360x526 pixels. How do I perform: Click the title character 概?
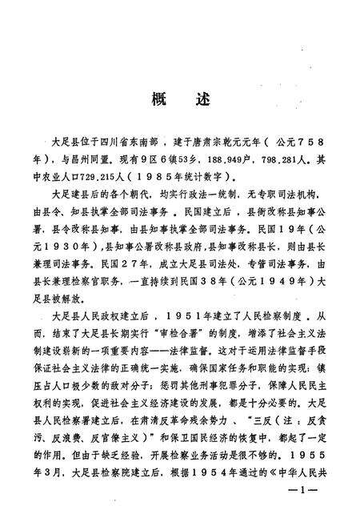point(157,101)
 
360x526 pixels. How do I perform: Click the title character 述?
point(201,101)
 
